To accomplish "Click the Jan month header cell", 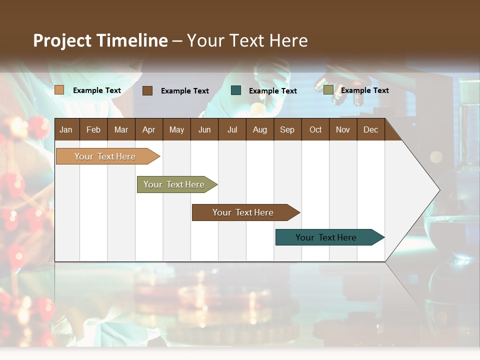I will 66,129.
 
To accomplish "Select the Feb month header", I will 93,129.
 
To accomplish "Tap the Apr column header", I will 149,129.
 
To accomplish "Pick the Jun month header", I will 204,129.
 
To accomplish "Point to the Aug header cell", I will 260,129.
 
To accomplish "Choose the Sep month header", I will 287,129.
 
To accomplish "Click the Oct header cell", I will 315,129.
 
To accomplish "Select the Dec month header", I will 371,129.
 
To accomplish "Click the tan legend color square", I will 59,90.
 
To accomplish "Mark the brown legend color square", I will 147,90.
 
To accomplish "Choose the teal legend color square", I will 236,90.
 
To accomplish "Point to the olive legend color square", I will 328,90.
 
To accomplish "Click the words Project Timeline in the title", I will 100,40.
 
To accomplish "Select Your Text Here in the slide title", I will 247,40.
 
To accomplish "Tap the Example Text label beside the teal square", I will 273,91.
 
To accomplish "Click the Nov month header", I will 343,129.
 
